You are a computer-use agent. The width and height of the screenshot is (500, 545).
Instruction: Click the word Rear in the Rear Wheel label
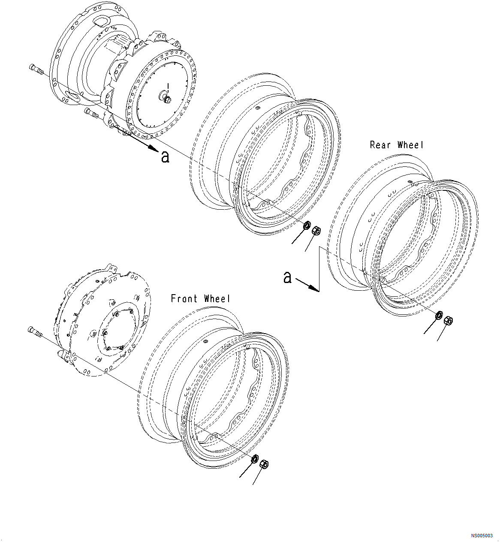pos(380,145)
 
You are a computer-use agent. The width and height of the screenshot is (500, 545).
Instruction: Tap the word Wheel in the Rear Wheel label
pos(410,145)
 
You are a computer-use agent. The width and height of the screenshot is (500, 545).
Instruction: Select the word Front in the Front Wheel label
pos(185,298)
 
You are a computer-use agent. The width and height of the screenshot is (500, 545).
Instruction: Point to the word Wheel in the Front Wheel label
pos(217,298)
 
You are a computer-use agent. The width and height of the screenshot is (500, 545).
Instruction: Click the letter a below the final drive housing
pos(165,157)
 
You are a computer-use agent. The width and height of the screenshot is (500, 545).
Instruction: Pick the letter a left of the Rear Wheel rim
pos(287,277)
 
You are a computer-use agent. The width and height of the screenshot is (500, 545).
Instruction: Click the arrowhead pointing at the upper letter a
pos(153,148)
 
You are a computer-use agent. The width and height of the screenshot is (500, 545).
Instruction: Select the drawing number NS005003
pos(482,536)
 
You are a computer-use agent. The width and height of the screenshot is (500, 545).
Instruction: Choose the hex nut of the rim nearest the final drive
pos(317,230)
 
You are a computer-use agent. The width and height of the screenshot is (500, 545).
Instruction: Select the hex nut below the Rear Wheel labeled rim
pos(449,320)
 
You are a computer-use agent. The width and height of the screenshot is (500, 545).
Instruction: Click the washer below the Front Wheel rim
pos(254,459)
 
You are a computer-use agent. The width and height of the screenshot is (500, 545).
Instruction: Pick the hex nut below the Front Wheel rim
pos(264,464)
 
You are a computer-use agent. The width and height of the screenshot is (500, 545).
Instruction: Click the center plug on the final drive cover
pos(166,99)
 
